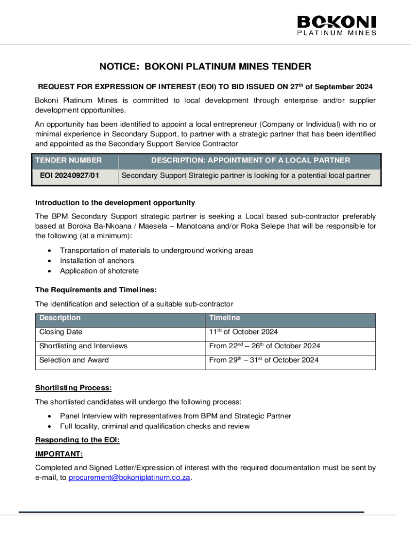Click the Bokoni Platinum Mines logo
[x=336, y=25]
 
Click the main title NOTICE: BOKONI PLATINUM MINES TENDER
[x=205, y=67]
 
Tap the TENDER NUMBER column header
[x=68, y=160]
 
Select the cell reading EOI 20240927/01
[x=69, y=175]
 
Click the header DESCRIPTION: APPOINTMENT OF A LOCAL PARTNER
[x=250, y=160]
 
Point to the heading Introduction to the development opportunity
[x=115, y=203]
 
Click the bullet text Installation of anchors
[x=97, y=261]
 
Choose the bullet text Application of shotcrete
[x=99, y=271]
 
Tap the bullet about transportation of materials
[x=156, y=251]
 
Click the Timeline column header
[x=225, y=318]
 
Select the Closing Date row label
[x=61, y=332]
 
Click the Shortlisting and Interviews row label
[x=83, y=346]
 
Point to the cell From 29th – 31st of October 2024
[x=264, y=360]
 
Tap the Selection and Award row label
[x=74, y=360]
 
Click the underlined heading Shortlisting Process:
[x=73, y=388]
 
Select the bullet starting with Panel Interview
[x=176, y=416]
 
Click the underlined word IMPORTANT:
[x=59, y=454]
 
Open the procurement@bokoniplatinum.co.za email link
[x=130, y=478]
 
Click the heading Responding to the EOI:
[x=77, y=440]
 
